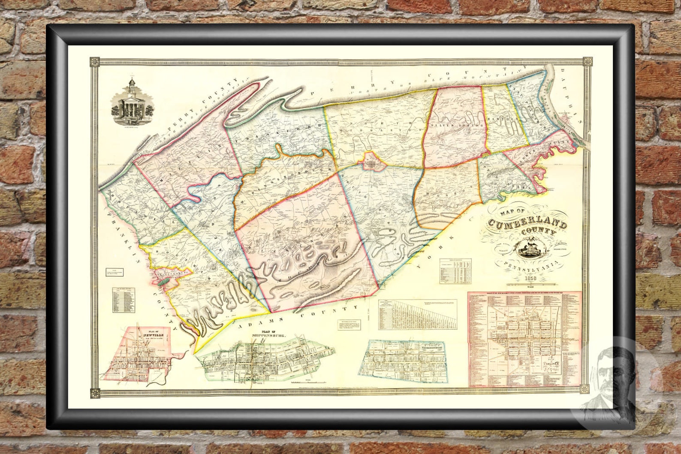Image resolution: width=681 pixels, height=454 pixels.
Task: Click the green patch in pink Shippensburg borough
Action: tap(163, 281)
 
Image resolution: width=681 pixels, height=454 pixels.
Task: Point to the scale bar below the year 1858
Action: tap(532, 285)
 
